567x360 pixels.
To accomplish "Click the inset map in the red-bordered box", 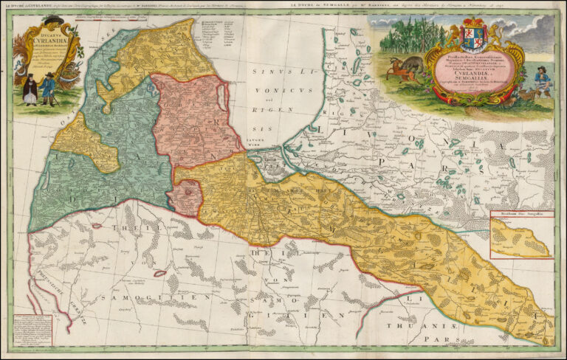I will (521, 234).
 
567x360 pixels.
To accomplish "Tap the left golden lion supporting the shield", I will (452, 34).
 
